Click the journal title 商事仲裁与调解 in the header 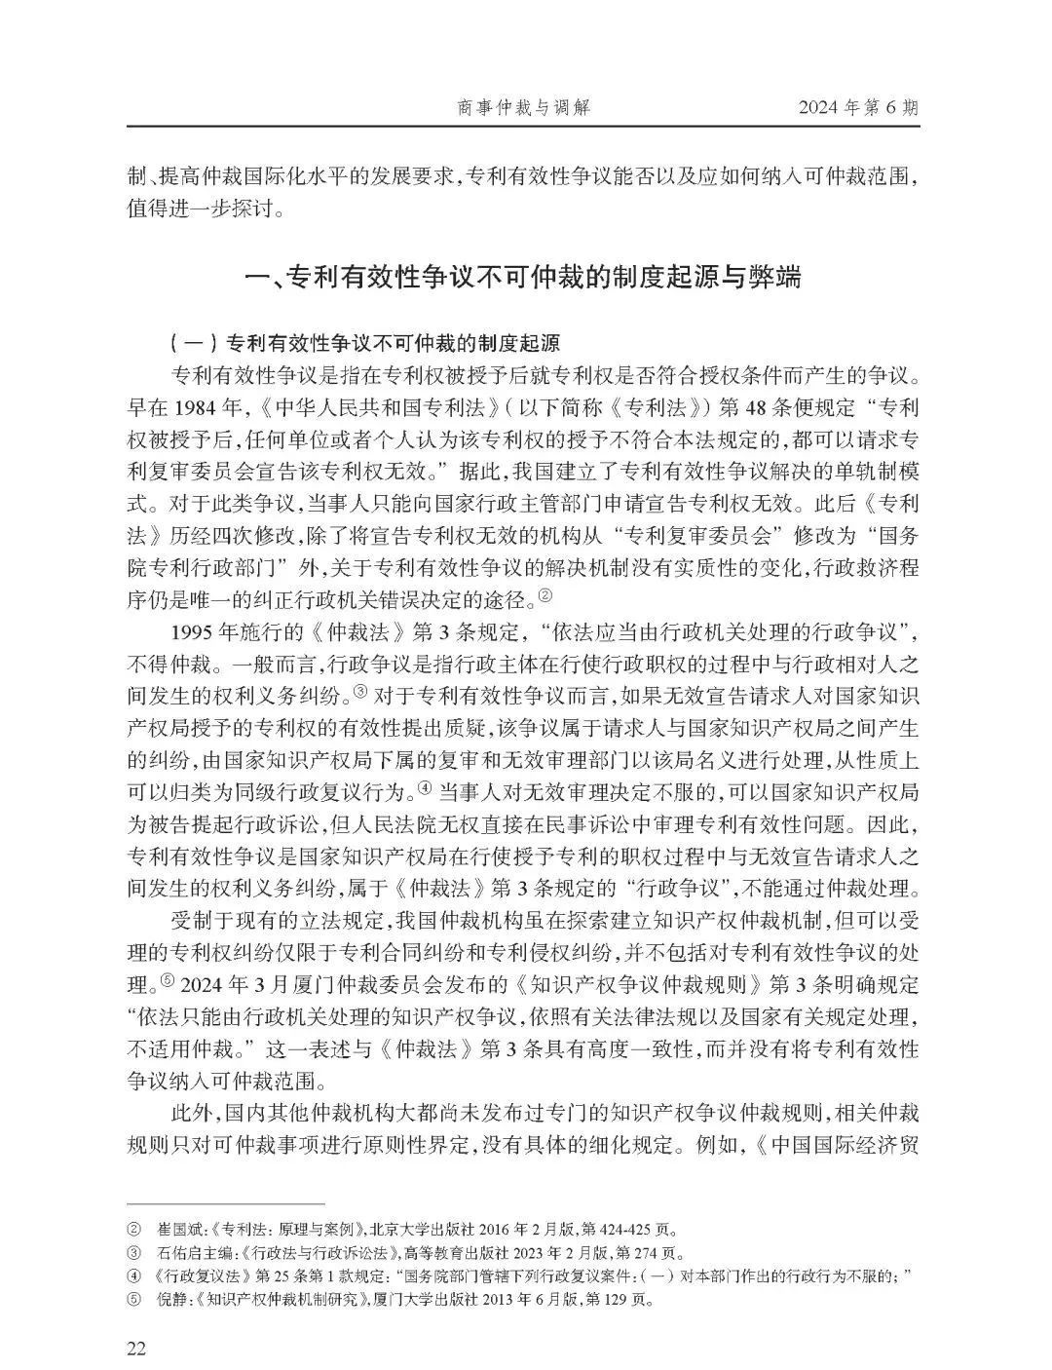[524, 107]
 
